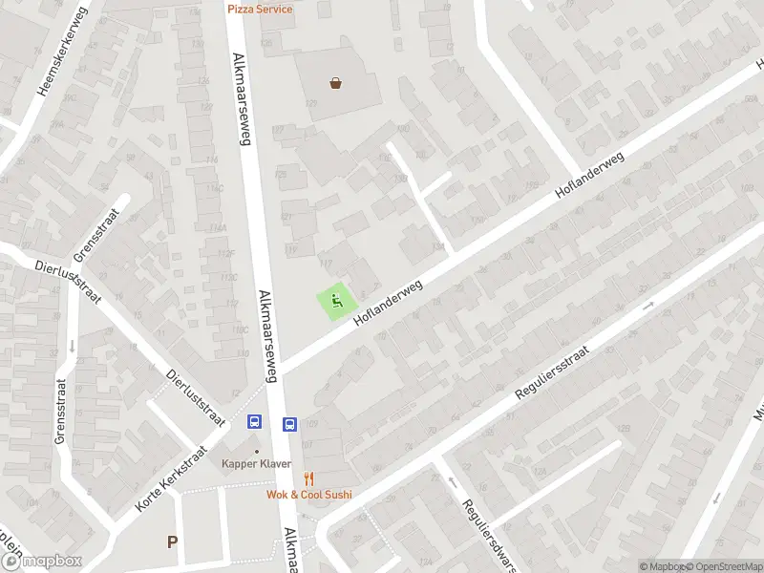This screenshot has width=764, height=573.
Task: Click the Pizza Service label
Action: coord(260,9)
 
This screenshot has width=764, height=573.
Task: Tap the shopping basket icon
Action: coord(336,83)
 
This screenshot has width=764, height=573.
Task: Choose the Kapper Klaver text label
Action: coord(257,464)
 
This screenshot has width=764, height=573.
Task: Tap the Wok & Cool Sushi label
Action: coord(308,494)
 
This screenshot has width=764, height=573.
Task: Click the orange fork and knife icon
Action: coord(308,478)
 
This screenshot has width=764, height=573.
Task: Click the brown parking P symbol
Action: coord(173,542)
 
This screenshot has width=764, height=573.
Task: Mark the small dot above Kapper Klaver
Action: coord(256,451)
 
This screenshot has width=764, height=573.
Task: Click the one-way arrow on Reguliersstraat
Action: coord(648,307)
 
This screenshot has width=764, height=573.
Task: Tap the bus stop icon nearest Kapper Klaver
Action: coord(256,421)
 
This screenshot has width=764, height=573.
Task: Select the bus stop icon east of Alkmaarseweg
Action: coord(290,424)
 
